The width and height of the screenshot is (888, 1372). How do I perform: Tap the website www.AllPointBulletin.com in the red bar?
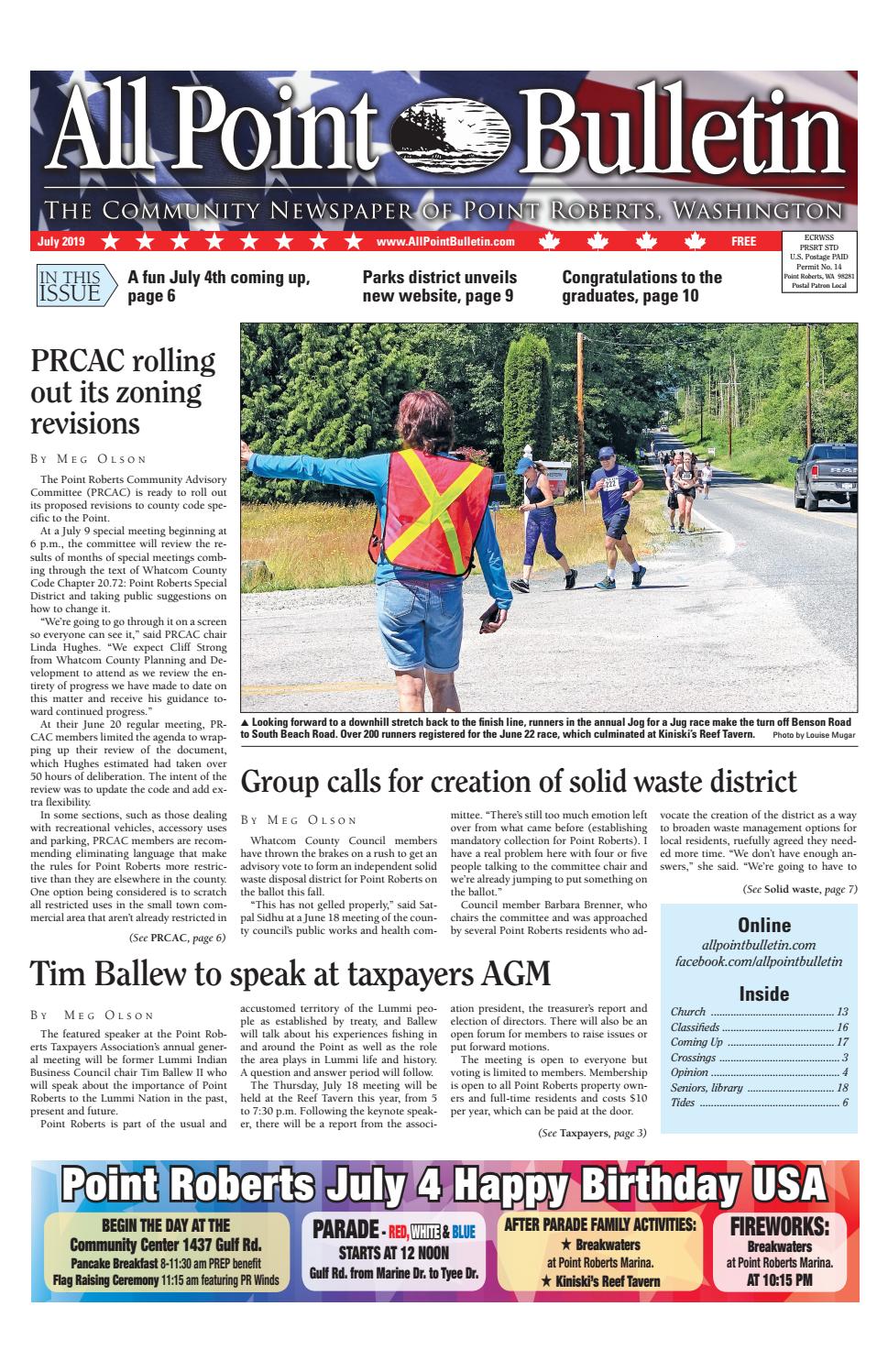coord(444,242)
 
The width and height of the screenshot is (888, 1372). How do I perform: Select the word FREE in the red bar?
coord(743,242)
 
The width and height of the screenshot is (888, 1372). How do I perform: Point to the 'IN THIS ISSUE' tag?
coord(75,285)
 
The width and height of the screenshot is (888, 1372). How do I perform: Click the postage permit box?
coord(819,262)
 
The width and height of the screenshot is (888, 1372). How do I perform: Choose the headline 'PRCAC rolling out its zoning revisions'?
coord(122,392)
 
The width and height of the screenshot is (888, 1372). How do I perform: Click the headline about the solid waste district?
coord(518,782)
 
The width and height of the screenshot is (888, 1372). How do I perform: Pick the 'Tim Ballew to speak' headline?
coord(291,972)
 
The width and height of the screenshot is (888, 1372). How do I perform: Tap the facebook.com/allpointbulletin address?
coord(758,961)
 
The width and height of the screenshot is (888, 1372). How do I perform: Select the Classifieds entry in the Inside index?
coord(696,1027)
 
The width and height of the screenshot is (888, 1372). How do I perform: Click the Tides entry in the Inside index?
coord(683,1102)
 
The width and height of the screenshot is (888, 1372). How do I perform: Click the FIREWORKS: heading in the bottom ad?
coord(779,1226)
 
